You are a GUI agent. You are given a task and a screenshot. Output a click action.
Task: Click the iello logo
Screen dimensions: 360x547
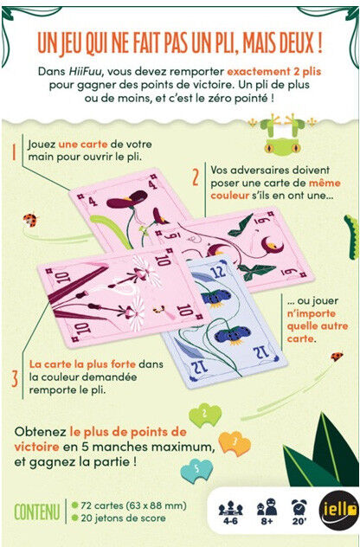pos(338,510)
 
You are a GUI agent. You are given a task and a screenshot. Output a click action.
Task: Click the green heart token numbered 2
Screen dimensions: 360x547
pos(205,415)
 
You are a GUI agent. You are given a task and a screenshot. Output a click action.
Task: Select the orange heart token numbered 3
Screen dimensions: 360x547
pos(235,443)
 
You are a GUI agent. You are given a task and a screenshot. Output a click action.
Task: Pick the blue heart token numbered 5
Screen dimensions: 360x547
pos(196,470)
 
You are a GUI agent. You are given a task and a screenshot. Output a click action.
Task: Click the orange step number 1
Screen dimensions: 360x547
pos(14,151)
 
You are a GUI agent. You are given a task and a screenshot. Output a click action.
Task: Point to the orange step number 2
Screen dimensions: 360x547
pos(196,177)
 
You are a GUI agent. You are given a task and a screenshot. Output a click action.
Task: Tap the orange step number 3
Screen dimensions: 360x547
pos(15,379)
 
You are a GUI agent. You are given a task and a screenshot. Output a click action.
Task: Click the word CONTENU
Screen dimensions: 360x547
pos(36,512)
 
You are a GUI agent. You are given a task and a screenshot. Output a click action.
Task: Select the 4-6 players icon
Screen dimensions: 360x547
pos(230,512)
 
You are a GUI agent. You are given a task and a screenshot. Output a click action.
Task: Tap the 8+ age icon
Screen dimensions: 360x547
pos(267,512)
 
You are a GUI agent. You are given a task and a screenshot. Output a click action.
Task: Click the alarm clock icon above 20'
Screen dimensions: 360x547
pos(299,507)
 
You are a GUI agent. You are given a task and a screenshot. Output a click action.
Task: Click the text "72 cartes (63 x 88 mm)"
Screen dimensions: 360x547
pos(133,505)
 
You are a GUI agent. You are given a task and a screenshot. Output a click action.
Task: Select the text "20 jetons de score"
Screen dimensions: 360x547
pos(123,518)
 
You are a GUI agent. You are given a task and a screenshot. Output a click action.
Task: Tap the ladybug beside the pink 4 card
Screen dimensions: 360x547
pos(30,220)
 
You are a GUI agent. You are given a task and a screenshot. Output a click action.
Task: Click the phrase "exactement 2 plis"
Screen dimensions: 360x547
pos(273,72)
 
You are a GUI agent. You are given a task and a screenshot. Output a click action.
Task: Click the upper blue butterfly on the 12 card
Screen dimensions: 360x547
pos(216,298)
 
